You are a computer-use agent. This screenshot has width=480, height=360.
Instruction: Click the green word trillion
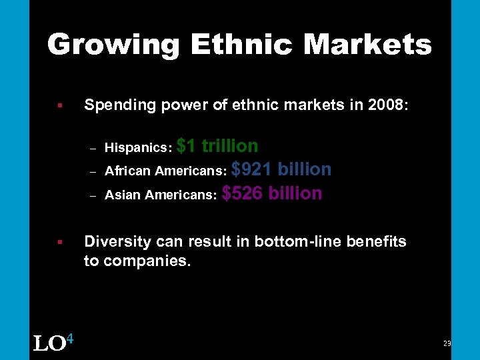click(230, 146)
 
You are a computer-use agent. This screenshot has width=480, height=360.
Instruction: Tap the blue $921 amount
click(251, 169)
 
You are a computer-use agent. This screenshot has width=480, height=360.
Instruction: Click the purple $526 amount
click(242, 193)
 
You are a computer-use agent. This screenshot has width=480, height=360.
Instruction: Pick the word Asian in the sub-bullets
click(121, 195)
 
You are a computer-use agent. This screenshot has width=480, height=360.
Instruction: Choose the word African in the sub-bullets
click(128, 171)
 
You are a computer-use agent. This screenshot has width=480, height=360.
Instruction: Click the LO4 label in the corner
click(53, 343)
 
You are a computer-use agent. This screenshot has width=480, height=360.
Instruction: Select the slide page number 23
click(447, 343)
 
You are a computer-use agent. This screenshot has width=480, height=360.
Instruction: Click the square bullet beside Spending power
click(59, 105)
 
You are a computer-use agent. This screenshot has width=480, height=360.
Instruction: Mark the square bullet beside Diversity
click(59, 241)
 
